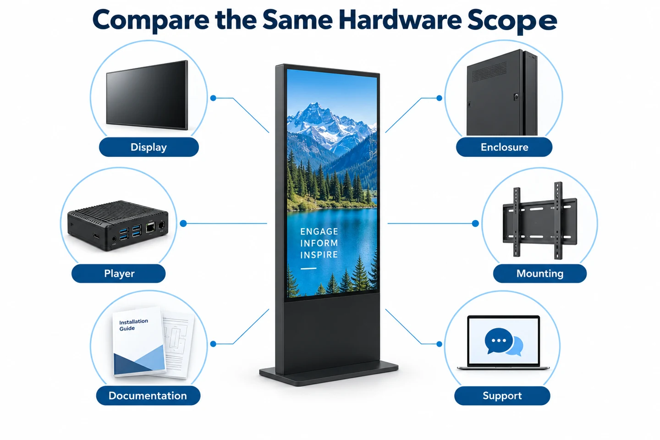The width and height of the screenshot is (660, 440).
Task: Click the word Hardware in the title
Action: click(x=400, y=20)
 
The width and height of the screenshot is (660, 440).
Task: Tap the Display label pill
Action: click(x=149, y=147)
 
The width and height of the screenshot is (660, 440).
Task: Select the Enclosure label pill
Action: click(x=504, y=147)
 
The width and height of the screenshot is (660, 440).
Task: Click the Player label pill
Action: click(x=118, y=274)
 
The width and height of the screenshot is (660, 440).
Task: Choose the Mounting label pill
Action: click(x=540, y=274)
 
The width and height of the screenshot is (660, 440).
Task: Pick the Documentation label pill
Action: click(x=148, y=396)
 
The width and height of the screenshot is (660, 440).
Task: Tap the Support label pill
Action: click(x=502, y=396)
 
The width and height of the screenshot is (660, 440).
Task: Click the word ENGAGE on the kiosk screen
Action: click(x=319, y=231)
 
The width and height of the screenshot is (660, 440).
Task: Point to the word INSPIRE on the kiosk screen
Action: click(x=319, y=255)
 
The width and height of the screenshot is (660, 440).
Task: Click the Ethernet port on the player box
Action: click(x=150, y=227)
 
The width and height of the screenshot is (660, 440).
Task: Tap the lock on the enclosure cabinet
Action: click(x=516, y=96)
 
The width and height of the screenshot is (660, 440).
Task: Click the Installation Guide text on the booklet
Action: click(x=133, y=324)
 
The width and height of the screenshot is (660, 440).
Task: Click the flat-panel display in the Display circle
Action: click(x=147, y=95)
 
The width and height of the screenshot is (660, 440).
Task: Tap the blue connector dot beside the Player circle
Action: click(x=183, y=223)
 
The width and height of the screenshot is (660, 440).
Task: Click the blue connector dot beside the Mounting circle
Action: click(x=475, y=223)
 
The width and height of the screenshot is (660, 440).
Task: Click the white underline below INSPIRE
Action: click(x=308, y=269)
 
